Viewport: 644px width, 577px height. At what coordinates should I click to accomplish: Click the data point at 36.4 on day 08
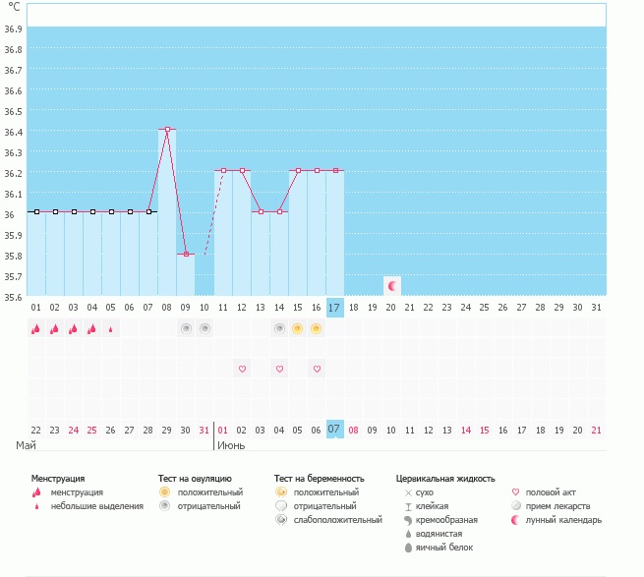click(x=167, y=129)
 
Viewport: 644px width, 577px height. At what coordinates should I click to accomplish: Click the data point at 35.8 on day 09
click(x=186, y=254)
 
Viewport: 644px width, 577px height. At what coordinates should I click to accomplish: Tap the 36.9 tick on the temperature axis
click(x=14, y=29)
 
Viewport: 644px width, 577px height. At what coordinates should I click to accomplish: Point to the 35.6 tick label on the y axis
click(x=14, y=297)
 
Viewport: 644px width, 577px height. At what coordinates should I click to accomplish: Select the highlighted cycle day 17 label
click(x=334, y=308)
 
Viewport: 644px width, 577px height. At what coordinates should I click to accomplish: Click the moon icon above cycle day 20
click(x=391, y=285)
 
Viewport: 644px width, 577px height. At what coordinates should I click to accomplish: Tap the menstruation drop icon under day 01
click(x=35, y=329)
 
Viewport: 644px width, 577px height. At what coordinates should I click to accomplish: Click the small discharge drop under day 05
click(x=110, y=329)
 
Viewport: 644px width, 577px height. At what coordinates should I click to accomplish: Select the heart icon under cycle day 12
click(x=242, y=369)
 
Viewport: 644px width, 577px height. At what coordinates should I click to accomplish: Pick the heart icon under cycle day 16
click(x=317, y=369)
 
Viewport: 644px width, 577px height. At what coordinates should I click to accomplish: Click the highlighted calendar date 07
click(x=334, y=430)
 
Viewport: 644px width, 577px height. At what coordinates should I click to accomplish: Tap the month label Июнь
click(x=231, y=445)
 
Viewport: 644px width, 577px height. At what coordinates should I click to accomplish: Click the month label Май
click(x=26, y=445)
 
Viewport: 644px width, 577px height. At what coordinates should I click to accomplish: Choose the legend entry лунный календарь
click(x=563, y=519)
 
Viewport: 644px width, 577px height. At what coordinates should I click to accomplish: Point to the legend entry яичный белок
click(x=447, y=547)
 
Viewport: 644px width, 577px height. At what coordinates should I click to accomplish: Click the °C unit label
click(x=14, y=7)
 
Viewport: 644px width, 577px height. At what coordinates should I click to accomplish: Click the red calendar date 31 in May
click(x=204, y=430)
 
